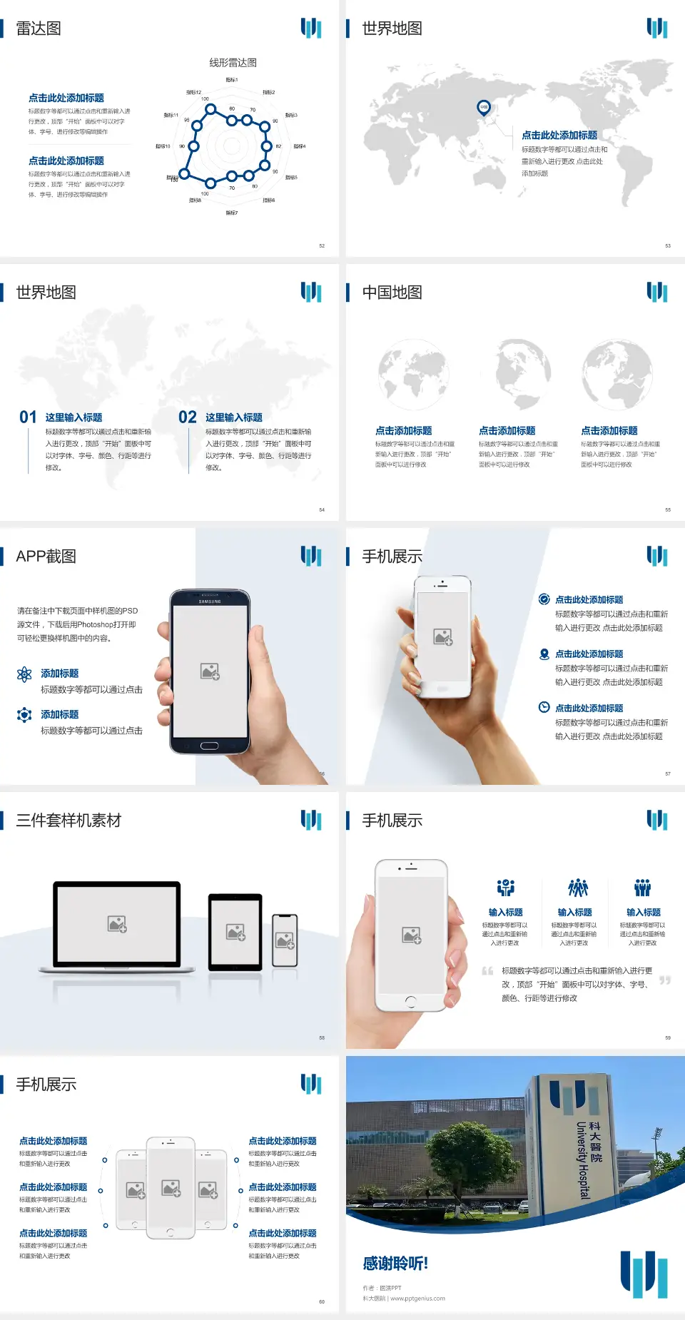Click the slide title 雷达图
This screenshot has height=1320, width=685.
tap(39, 29)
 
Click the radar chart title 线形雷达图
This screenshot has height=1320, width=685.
tap(233, 63)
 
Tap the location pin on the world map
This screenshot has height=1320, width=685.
tap(484, 108)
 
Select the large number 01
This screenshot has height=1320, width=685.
tap(28, 417)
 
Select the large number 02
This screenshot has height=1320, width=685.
tap(188, 417)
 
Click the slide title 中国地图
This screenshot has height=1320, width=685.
tap(392, 293)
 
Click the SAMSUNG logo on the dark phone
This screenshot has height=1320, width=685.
tap(210, 601)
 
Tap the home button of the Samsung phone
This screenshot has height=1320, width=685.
tap(209, 746)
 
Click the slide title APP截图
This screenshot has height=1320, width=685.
tap(46, 557)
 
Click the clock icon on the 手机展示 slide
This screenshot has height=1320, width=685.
tap(544, 707)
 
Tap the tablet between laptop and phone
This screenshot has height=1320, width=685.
tap(235, 931)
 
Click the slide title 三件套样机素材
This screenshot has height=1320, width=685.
tap(68, 821)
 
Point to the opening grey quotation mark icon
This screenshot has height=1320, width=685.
tap(487, 970)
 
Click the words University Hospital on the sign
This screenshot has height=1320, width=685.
tap(583, 1160)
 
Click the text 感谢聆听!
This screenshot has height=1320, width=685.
tap(395, 1264)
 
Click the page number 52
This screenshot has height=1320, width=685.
tap(322, 246)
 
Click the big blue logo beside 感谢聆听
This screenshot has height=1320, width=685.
tap(644, 1274)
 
